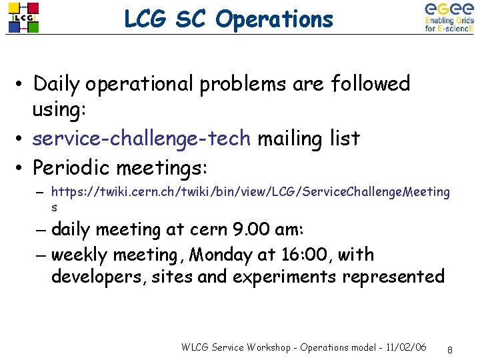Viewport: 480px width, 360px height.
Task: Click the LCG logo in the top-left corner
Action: click(x=23, y=18)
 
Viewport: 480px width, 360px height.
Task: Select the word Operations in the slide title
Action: click(x=275, y=19)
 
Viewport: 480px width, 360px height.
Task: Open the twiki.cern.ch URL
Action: click(x=250, y=192)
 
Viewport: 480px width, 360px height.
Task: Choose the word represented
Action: click(x=393, y=276)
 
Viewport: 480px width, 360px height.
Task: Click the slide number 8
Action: click(x=451, y=349)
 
